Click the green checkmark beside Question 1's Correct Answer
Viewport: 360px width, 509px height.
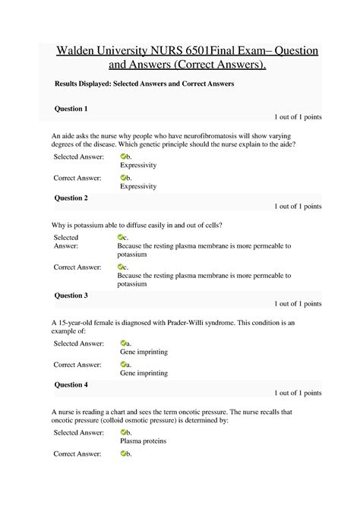pos(124,178)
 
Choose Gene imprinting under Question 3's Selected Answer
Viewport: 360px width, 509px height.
pos(144,353)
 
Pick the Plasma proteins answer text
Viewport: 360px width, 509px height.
pos(143,441)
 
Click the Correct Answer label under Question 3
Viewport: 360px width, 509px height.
pos(77,365)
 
